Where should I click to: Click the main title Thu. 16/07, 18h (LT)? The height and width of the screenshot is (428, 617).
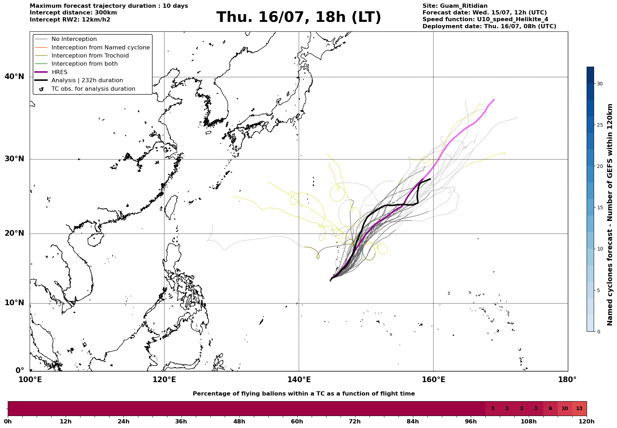[299, 17]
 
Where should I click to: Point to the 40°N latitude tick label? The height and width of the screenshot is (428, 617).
[14, 77]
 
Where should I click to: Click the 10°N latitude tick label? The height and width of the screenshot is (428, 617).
[14, 303]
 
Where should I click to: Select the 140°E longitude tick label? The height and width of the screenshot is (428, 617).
[299, 380]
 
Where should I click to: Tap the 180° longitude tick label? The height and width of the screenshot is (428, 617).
[567, 380]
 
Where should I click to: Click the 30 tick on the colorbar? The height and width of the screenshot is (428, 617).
[600, 84]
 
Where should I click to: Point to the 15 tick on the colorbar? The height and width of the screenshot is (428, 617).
[600, 207]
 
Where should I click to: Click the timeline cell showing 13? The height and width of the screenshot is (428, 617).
[579, 409]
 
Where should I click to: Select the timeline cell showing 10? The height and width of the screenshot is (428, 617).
[565, 409]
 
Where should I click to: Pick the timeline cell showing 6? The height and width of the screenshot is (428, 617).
[550, 409]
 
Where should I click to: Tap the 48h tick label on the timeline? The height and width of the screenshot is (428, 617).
[239, 422]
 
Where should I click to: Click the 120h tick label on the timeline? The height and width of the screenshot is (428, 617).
[587, 422]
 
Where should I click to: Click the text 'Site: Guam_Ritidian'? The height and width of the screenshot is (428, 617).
[455, 6]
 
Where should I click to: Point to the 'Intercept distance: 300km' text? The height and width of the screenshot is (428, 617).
[73, 13]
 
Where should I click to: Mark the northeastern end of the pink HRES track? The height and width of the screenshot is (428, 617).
[494, 100]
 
